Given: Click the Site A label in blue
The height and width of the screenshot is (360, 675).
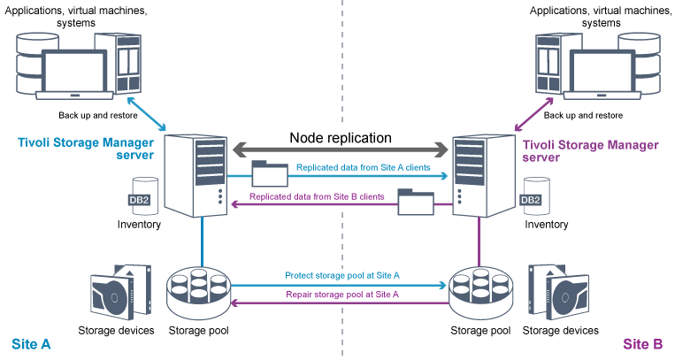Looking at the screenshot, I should pyautogui.click(x=30, y=343).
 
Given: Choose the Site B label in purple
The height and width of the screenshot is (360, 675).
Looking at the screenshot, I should pyautogui.click(x=644, y=343).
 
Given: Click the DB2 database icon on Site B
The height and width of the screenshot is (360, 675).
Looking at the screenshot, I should pyautogui.click(x=531, y=195).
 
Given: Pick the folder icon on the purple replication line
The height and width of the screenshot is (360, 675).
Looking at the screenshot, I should pyautogui.click(x=415, y=203).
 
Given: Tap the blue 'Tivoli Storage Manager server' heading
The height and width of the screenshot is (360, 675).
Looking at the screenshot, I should pyautogui.click(x=85, y=148).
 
